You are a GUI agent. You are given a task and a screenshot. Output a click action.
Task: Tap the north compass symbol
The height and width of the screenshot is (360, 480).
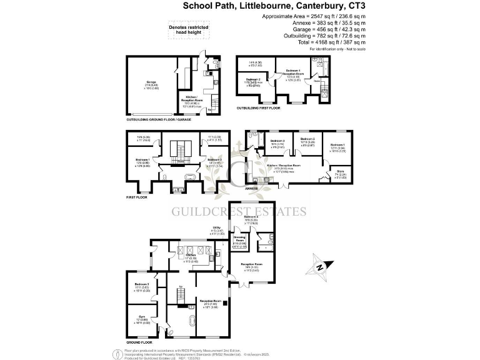[320, 267]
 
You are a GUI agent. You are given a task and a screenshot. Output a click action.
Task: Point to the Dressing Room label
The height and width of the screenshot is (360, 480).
[239, 238]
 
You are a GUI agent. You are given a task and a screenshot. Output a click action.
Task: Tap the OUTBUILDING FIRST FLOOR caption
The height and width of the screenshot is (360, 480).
[259, 108]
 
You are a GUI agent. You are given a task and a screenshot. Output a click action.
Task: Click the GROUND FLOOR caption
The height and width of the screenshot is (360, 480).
[139, 342]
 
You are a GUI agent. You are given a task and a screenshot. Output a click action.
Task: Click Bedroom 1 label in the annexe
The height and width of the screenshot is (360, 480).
[337, 144]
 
